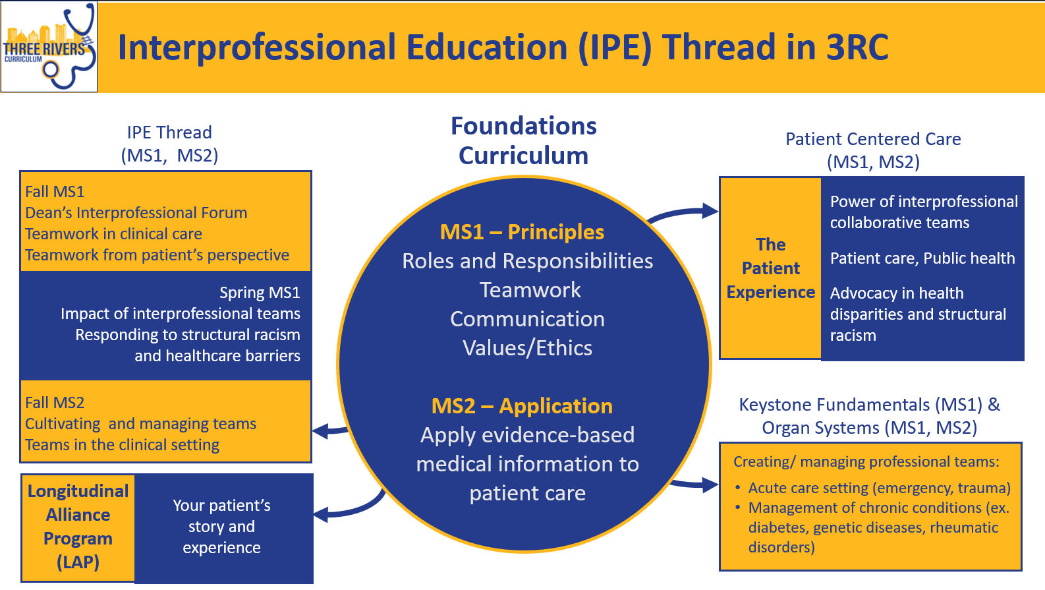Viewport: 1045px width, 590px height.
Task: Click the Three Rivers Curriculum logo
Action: [x=49, y=46]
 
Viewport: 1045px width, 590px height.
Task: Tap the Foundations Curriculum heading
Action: [x=523, y=140]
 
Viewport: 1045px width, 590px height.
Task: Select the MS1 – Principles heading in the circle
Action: [x=522, y=232]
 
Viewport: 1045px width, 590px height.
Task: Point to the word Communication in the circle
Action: [x=527, y=319]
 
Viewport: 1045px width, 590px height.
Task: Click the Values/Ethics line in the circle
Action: [x=527, y=348]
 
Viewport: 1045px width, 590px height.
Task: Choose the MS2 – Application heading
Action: [x=522, y=406]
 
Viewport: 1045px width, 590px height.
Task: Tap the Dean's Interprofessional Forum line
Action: [x=136, y=213]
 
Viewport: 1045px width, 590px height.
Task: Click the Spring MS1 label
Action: [x=260, y=293]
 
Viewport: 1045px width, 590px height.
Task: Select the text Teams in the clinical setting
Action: [x=123, y=445]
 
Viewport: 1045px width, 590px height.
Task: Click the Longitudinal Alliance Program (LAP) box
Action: [x=78, y=527]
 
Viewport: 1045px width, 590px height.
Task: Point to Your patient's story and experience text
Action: [x=221, y=527]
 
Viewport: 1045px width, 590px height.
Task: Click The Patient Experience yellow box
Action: [x=771, y=268]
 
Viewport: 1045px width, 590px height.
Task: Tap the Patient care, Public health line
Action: [x=922, y=258]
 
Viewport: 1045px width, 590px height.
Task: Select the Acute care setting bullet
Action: [x=880, y=488]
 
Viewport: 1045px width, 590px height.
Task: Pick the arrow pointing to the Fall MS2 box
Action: [x=330, y=430]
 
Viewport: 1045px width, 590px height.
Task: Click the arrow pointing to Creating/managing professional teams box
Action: [x=694, y=485]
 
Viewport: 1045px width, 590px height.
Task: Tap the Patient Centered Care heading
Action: [x=873, y=150]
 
